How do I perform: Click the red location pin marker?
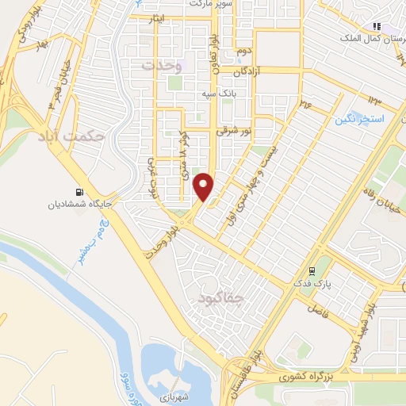[x=205, y=186]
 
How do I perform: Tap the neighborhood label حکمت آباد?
[x=71, y=137]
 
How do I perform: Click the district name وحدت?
[x=162, y=66]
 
